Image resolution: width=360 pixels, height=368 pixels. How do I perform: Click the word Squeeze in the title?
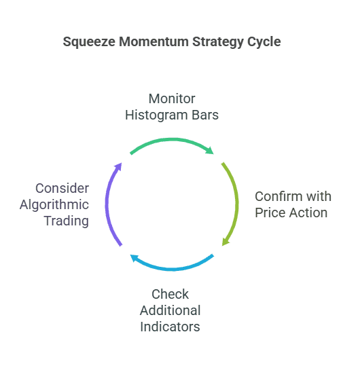[x=89, y=42]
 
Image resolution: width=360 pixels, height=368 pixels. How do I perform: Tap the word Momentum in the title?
[x=154, y=41]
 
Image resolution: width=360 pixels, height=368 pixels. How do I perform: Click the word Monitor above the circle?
[x=172, y=98]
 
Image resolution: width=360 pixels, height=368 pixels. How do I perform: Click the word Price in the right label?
[x=270, y=213]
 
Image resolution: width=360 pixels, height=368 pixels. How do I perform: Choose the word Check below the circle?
[x=170, y=294]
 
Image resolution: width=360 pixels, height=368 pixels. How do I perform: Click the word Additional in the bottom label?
[x=170, y=310]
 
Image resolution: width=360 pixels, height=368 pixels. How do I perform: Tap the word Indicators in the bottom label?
[x=170, y=327]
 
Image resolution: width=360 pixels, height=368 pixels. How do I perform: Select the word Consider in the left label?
[x=62, y=188]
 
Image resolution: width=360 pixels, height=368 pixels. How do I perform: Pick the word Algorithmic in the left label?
[x=54, y=205]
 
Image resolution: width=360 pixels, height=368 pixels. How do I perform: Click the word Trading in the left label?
[x=67, y=221]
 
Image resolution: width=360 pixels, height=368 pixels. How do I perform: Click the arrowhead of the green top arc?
[x=210, y=151]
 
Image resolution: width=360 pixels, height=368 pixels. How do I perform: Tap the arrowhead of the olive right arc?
[x=226, y=242]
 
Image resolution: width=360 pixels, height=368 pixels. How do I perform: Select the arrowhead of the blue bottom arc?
[x=134, y=258]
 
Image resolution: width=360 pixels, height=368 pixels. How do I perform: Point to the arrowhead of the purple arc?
[x=118, y=167]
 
